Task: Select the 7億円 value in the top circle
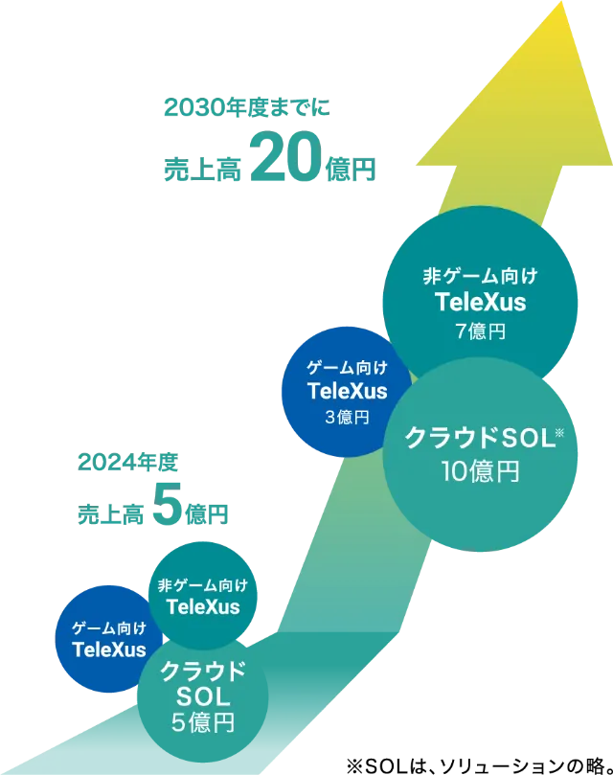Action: tap(480, 332)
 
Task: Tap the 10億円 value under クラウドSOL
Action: tap(480, 471)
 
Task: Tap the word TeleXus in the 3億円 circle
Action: tap(347, 391)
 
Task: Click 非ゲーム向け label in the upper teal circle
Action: tap(480, 277)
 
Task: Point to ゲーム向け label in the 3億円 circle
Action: tap(347, 368)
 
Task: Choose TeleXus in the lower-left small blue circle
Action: tap(109, 650)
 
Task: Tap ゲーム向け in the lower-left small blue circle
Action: tap(109, 627)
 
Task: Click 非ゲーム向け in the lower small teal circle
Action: tap(202, 585)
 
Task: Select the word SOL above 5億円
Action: tap(202, 695)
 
